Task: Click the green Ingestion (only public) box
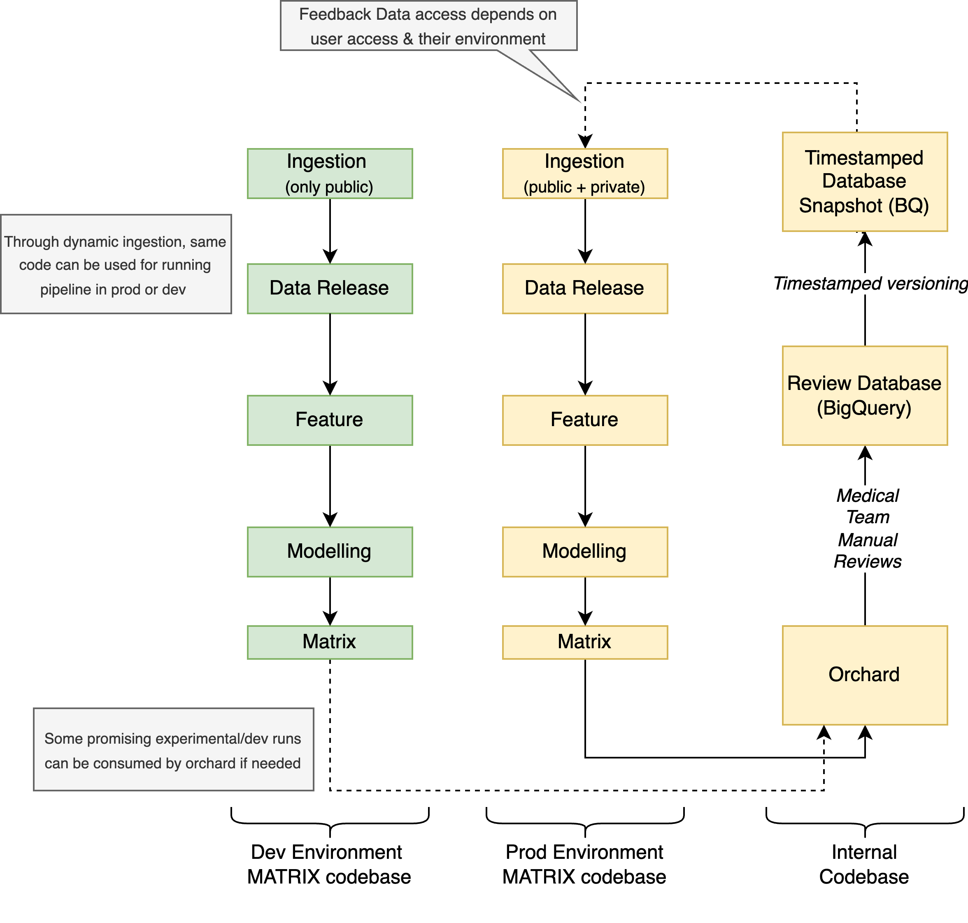(329, 174)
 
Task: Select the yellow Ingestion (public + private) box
(584, 174)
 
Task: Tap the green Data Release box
(329, 288)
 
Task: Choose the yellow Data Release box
(584, 288)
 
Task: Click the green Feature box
(329, 420)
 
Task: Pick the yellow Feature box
(584, 420)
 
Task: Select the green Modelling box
(329, 552)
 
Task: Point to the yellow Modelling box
(584, 552)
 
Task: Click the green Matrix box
(329, 642)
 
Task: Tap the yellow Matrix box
(584, 642)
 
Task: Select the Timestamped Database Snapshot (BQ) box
(864, 181)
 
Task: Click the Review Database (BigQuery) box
(864, 396)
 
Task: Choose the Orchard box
(864, 675)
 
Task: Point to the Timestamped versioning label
(870, 284)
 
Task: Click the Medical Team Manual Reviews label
(867, 529)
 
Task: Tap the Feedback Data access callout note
(428, 26)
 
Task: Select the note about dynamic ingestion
(116, 264)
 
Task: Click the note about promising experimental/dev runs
(173, 750)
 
